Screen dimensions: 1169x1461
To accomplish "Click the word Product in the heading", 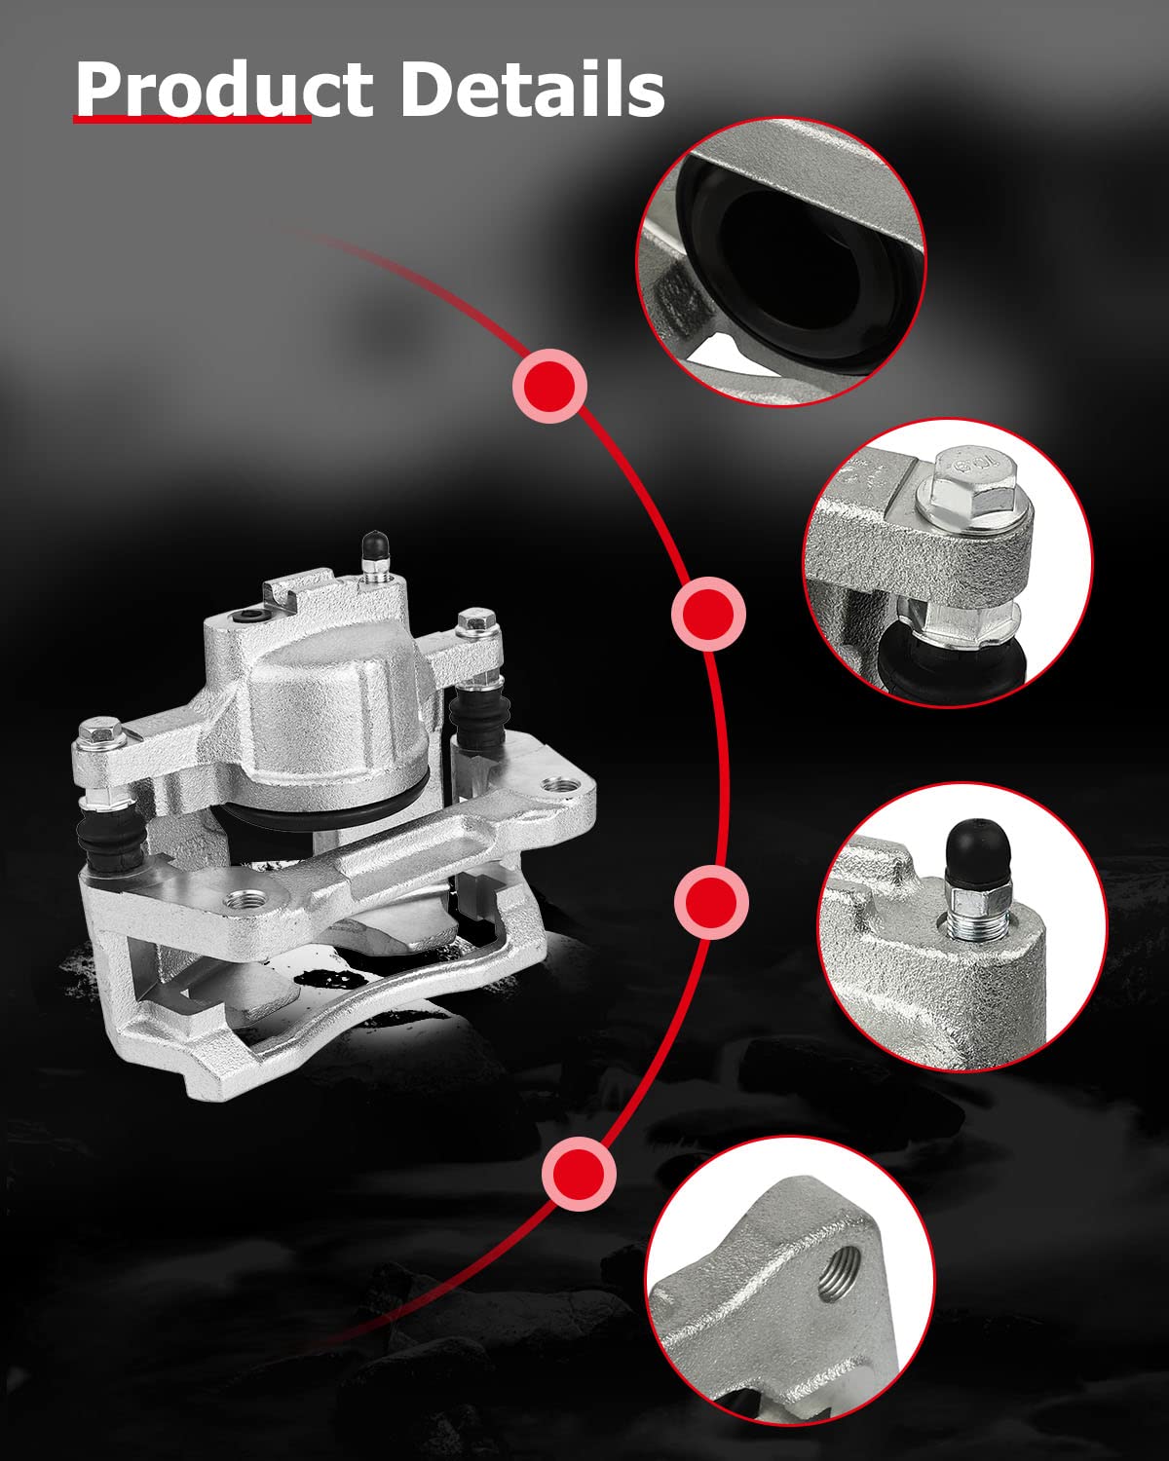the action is tap(224, 89).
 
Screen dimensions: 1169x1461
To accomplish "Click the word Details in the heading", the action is tap(533, 89).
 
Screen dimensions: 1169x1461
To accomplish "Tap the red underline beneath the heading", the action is tap(192, 120).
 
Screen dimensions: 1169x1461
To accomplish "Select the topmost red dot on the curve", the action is tap(550, 386).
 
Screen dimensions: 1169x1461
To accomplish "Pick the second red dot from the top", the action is tap(708, 615).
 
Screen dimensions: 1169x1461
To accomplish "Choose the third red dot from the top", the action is tap(711, 902).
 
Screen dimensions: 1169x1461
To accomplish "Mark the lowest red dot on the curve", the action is tap(579, 1173).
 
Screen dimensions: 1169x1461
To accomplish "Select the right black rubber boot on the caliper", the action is tap(479, 718).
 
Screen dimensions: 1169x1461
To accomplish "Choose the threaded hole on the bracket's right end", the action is tap(561, 786).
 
